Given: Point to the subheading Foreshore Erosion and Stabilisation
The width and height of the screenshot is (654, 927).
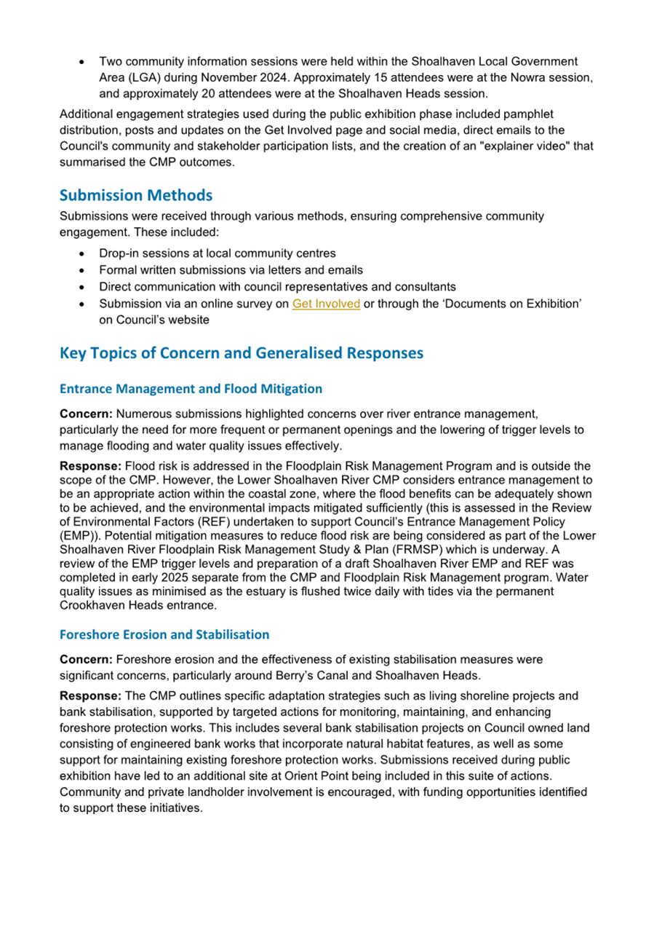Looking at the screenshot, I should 164,634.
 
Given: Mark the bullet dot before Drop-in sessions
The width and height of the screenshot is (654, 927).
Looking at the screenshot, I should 84,254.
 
